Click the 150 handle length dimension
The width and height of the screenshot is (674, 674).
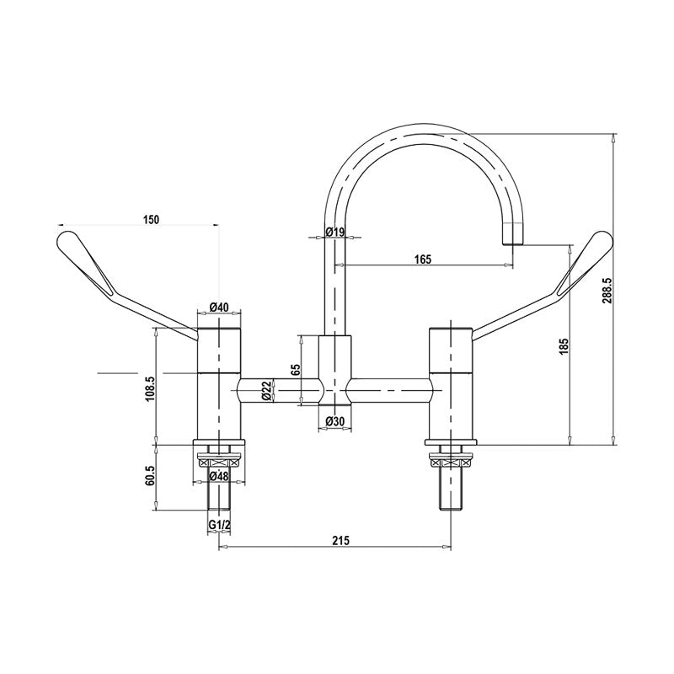[x=151, y=220]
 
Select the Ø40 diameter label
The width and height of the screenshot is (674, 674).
[x=219, y=307]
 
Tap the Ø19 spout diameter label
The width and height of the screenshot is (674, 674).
[x=336, y=233]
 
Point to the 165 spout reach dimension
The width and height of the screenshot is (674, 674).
[x=424, y=259]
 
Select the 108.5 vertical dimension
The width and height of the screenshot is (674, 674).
[x=150, y=389]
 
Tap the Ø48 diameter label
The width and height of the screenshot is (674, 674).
[x=219, y=477]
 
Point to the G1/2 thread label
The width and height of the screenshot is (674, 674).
[x=219, y=526]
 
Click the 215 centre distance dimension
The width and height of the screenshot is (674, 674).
[x=340, y=539]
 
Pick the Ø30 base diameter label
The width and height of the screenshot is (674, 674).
[x=336, y=421]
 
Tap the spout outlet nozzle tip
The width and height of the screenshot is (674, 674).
[x=514, y=236]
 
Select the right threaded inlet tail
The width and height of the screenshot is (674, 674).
[x=453, y=489]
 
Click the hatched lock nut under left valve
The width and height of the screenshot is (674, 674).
[x=219, y=461]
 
